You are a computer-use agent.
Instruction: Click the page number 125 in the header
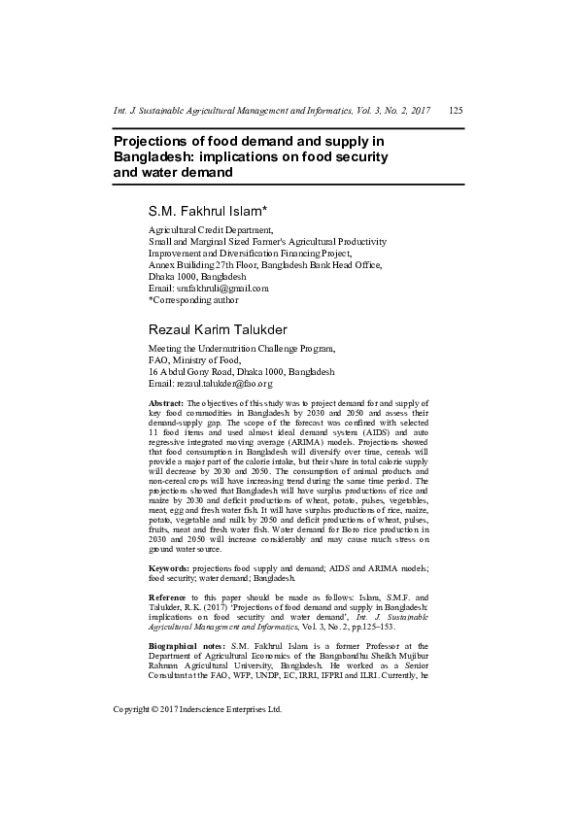(x=456, y=111)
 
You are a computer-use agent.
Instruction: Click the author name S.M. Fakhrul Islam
(x=207, y=210)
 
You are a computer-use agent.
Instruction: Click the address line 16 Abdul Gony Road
(x=241, y=372)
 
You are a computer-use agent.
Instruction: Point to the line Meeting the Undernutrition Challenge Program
(x=242, y=348)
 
